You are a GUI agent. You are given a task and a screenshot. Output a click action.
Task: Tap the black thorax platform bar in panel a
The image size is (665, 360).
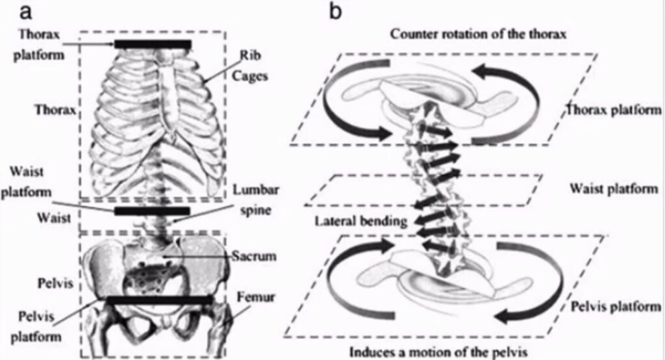coord(153,44)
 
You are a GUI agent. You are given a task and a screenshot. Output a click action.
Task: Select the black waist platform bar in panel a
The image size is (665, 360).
coord(152,211)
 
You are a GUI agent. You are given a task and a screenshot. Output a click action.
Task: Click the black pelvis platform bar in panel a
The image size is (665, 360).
coord(160,300)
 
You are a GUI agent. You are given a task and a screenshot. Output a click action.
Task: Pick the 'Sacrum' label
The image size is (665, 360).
coord(254,256)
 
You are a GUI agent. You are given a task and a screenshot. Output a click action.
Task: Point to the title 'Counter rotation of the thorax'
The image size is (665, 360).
coord(479,34)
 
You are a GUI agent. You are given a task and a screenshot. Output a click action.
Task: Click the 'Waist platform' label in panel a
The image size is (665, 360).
coord(36,183)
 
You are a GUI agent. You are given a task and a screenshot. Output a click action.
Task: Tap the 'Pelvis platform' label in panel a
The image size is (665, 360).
coord(38,326)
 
